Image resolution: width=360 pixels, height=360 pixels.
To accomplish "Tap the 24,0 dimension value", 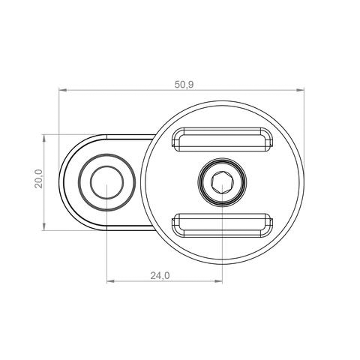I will (x=160, y=275).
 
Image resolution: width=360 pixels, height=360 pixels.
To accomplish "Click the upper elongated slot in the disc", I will (x=223, y=139).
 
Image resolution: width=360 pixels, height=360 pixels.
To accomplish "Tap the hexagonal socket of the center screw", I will (x=223, y=182).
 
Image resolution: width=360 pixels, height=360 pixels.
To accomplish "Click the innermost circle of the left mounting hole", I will (x=107, y=182).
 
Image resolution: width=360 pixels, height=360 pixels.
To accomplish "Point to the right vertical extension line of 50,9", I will (x=304, y=135).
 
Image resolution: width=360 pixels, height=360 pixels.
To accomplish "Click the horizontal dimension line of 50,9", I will (x=120, y=91).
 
